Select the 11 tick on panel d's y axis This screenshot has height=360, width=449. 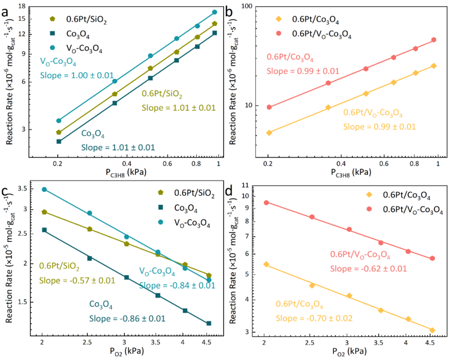[250, 184]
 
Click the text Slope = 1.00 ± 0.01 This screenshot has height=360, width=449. [77, 75]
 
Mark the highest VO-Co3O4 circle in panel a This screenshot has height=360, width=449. [214, 12]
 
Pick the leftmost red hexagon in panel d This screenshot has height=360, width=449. [266, 202]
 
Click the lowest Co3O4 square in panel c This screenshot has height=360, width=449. [208, 323]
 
